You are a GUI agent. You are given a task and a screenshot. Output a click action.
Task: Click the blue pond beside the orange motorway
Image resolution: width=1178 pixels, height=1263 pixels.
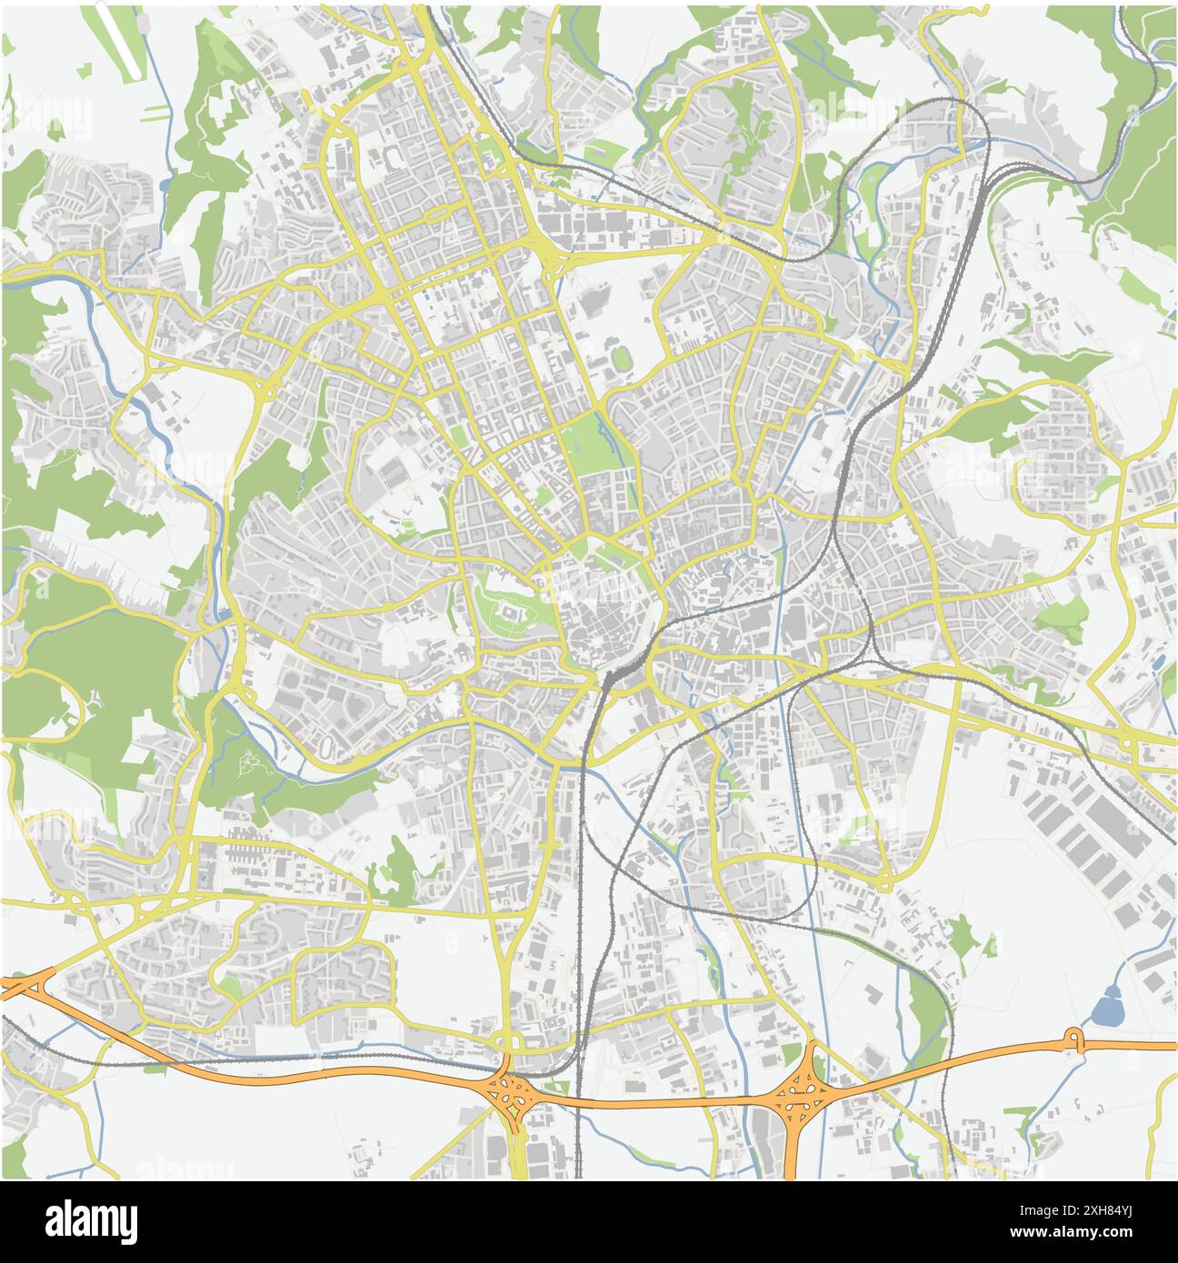click(1106, 1007)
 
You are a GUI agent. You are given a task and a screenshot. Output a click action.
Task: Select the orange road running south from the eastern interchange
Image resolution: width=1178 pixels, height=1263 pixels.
click(792, 1145)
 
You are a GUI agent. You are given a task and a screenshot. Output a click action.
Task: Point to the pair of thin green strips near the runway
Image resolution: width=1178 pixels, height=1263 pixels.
click(156, 112)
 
